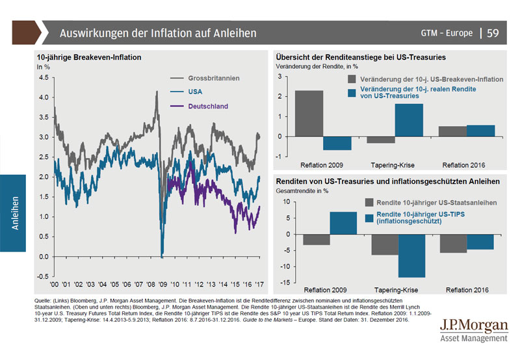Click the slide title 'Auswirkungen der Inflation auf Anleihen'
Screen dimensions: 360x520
(158, 32)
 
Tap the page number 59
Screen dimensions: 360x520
(493, 32)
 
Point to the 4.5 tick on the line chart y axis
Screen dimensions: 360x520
(43, 77)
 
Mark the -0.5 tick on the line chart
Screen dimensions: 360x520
(42, 276)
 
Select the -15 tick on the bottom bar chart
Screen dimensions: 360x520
(285, 283)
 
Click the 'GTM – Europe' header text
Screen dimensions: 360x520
(447, 33)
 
